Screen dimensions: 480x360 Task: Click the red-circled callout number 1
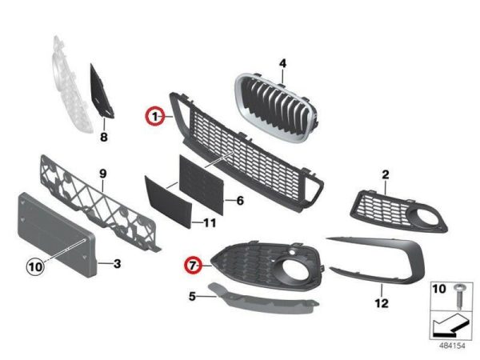(155, 116)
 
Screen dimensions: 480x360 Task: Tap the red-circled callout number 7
(193, 265)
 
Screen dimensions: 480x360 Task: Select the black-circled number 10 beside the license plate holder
(35, 266)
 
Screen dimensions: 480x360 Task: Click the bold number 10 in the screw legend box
(439, 289)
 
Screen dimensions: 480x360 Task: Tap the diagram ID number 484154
(452, 346)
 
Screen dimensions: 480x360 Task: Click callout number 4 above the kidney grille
(282, 64)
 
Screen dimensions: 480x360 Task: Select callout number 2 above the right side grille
(386, 174)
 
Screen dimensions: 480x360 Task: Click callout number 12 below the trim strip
(382, 303)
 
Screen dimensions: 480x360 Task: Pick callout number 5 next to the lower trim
(192, 296)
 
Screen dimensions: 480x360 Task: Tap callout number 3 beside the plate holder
(118, 263)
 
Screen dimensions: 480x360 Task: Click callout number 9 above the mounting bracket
(103, 174)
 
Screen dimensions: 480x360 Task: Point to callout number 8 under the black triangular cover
(104, 137)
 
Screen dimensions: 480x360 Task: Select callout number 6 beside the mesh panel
(240, 201)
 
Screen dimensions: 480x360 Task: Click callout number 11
(210, 222)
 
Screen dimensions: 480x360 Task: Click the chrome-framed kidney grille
(277, 107)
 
